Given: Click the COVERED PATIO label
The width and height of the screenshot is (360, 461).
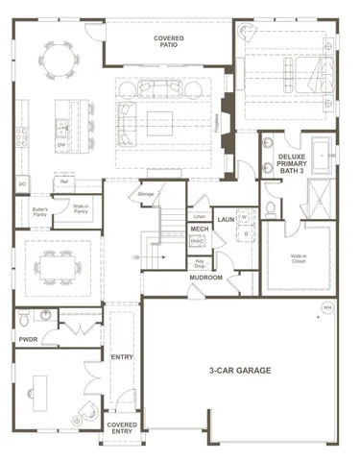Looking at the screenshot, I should tap(169, 40).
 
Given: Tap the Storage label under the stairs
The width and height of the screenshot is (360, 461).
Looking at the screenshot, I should tap(146, 195).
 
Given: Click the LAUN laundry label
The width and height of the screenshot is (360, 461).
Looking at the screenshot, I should tap(227, 219).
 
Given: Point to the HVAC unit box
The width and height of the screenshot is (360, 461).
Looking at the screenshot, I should tap(199, 243).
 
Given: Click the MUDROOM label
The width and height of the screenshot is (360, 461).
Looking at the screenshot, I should tap(205, 278).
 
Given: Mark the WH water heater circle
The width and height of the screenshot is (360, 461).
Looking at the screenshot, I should tap(327, 307).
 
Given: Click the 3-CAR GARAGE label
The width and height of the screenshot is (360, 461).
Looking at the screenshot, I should tap(240, 370).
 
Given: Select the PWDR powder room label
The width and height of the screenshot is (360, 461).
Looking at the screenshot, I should tap(28, 338).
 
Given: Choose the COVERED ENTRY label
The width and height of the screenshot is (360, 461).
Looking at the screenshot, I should tap(122, 427).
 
